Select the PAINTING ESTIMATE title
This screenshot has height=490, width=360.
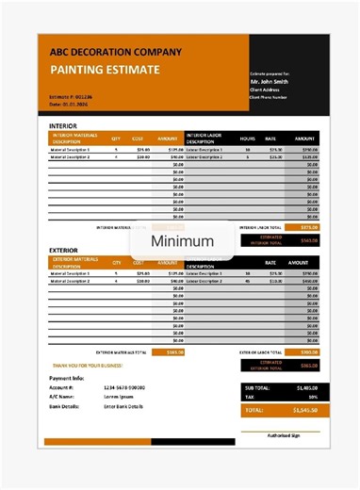(105, 70)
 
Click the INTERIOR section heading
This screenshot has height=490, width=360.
(63, 125)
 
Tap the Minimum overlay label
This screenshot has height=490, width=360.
(189, 240)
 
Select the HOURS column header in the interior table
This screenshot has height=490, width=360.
(248, 138)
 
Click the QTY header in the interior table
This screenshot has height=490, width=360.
(116, 138)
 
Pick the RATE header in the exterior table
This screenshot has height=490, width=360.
(270, 263)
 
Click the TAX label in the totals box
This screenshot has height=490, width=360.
(250, 397)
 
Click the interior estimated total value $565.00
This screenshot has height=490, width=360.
(309, 239)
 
